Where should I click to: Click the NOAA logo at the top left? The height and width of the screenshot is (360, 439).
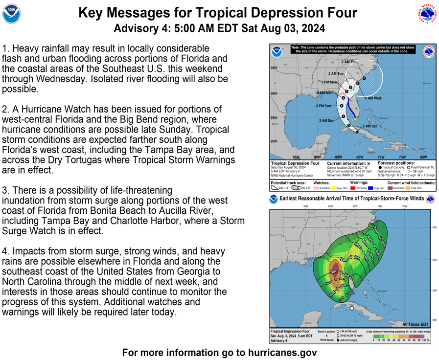pyautogui.click(x=12, y=14)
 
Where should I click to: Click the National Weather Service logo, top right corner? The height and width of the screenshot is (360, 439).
pyautogui.click(x=427, y=14)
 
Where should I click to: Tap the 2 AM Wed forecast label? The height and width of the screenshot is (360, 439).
pyautogui.click(x=372, y=98)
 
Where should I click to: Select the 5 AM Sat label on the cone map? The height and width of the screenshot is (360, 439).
pyautogui.click(x=370, y=126)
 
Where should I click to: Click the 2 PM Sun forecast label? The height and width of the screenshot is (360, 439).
pyautogui.click(x=323, y=106)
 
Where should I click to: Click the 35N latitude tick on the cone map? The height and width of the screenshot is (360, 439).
pyautogui.click(x=274, y=67)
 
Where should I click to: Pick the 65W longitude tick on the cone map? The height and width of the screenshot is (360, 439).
pyautogui.click(x=423, y=157)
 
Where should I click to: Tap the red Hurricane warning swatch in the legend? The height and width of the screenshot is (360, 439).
pyautogui.click(x=353, y=188)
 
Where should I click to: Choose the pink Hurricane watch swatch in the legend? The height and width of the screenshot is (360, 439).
pyautogui.click(x=316, y=188)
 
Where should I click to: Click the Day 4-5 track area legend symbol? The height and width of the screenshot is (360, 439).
pyautogui.click(x=296, y=188)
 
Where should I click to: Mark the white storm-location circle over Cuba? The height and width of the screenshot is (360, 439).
pyautogui.click(x=351, y=308)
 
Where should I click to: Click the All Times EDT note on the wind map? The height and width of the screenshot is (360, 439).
pyautogui.click(x=416, y=324)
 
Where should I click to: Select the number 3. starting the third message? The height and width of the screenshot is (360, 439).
pyautogui.click(x=5, y=190)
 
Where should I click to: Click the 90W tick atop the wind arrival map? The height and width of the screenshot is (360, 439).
pyautogui.click(x=305, y=206)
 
